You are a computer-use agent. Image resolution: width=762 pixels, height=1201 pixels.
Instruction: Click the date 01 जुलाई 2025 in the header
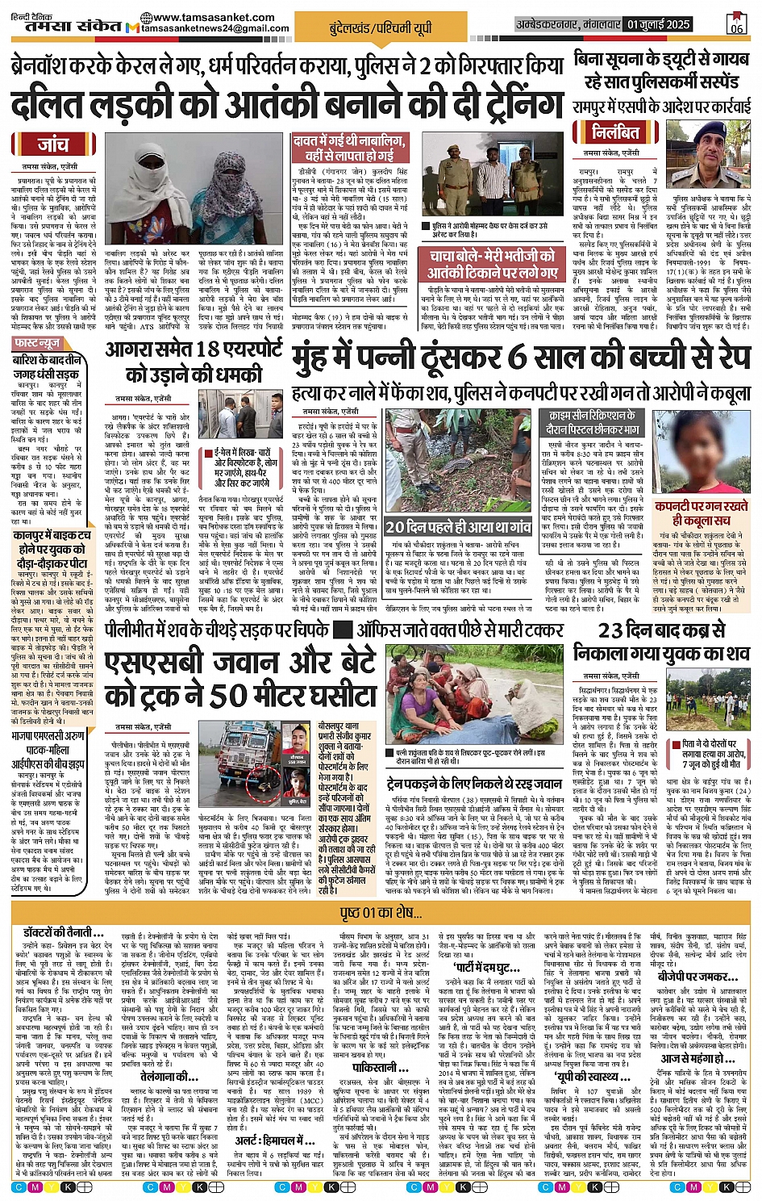pos(656,24)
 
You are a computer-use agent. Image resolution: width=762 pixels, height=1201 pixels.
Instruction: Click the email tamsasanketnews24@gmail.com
pos(215,28)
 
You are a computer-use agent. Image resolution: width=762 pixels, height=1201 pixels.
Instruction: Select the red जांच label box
pos(53,145)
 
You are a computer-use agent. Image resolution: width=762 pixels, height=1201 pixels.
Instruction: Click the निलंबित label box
pos(615,132)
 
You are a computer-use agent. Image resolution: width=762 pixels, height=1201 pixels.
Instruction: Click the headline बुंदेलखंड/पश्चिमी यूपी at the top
pos(381,29)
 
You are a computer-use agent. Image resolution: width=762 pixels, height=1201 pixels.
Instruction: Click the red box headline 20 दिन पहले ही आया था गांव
pos(458,526)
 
